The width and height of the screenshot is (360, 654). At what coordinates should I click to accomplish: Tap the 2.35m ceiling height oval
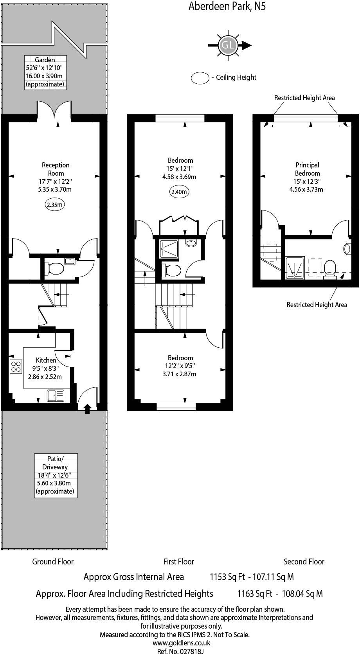click(55, 205)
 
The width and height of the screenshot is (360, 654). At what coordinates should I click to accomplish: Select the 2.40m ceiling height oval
click(179, 192)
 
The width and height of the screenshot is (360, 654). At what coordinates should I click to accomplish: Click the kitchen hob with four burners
click(16, 367)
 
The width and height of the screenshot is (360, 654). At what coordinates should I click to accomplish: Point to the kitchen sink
click(56, 395)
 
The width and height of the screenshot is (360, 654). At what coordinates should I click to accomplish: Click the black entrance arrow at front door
click(87, 409)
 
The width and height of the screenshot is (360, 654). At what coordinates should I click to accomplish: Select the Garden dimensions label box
click(45, 72)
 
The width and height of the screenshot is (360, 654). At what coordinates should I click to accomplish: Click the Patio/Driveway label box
click(55, 475)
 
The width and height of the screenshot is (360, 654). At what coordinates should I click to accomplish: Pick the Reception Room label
click(56, 177)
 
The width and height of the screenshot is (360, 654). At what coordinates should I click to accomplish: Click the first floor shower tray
click(169, 248)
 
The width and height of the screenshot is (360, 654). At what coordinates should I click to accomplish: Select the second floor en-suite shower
click(295, 268)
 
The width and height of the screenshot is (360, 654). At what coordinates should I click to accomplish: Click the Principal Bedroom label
click(307, 177)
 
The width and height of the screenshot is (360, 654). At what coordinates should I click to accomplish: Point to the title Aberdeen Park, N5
click(227, 6)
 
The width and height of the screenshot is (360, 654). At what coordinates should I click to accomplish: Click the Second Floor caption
click(304, 562)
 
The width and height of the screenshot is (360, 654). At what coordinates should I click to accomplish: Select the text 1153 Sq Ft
click(227, 577)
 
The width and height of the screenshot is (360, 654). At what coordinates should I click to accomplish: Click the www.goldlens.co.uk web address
click(181, 642)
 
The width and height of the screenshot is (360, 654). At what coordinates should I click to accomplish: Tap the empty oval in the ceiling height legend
click(200, 78)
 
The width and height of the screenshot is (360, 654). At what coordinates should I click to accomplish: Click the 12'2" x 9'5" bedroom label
click(179, 366)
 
